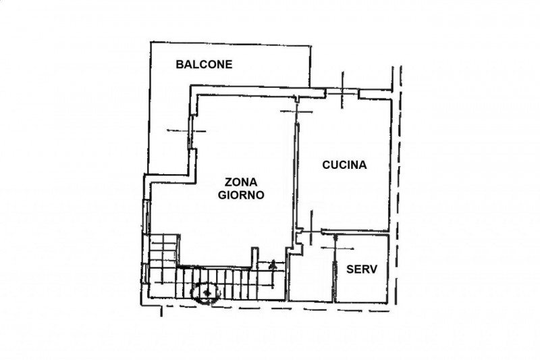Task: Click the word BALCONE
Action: (204, 64)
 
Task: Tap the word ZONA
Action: (241, 182)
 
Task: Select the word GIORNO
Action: (241, 195)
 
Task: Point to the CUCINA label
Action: (344, 165)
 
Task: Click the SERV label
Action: (362, 269)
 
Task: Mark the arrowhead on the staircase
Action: (273, 265)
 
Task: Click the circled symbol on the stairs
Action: (207, 293)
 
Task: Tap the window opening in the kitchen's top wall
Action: (342, 91)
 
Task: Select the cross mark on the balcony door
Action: (188, 130)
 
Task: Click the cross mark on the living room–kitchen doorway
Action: (296, 111)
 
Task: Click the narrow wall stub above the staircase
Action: (254, 258)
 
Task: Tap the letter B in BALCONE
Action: (180, 64)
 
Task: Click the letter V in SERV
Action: (374, 269)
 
